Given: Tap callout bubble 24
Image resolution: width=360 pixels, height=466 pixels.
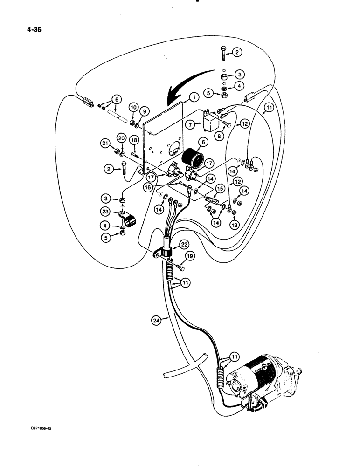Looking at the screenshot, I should click(158, 320).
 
